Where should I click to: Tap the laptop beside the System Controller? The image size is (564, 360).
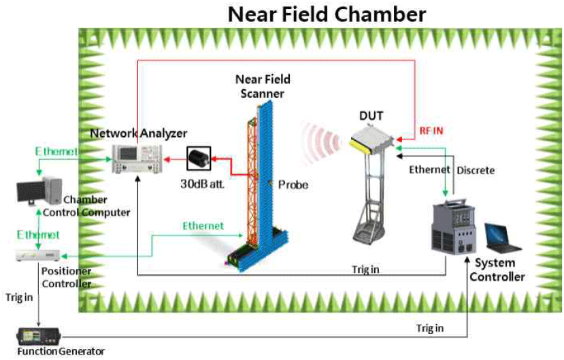[501, 237]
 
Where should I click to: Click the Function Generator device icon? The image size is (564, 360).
[40, 336]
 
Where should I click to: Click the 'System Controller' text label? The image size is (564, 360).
[500, 270]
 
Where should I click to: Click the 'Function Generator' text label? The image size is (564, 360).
[61, 352]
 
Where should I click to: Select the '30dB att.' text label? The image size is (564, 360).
[201, 183]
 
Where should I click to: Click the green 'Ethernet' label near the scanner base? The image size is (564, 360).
[202, 225]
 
